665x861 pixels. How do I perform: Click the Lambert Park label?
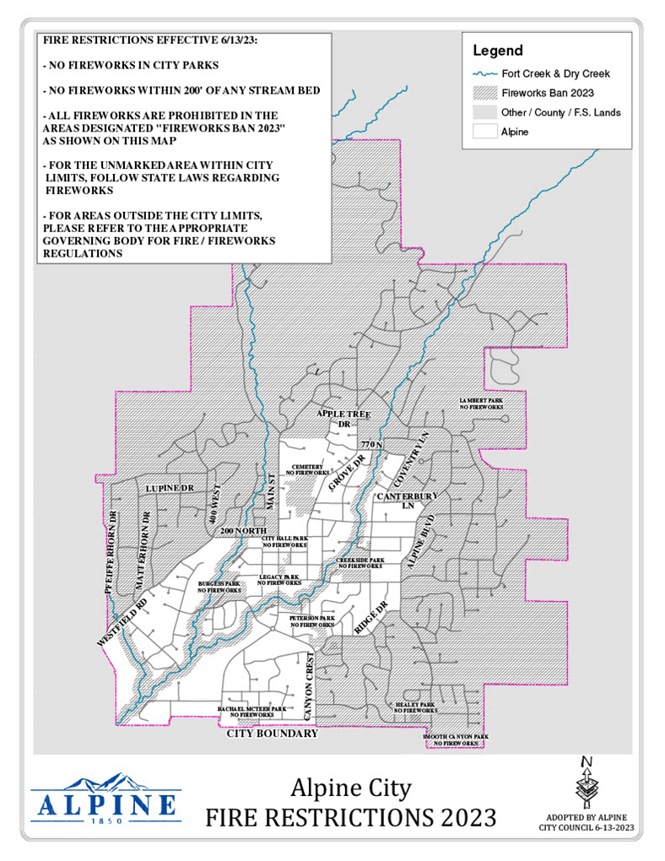point(481,403)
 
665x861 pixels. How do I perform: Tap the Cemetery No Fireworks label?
point(308,470)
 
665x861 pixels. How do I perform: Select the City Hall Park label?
point(284,542)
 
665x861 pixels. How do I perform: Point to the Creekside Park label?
point(360,562)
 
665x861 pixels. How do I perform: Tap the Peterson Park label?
point(311,620)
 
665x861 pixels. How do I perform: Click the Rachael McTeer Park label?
point(252,712)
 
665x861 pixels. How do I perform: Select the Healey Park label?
point(415,707)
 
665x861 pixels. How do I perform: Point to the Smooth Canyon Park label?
point(456,739)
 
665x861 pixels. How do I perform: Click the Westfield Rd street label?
point(122,622)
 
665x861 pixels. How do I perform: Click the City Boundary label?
point(273,734)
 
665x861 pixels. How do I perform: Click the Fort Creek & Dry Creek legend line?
point(485,73)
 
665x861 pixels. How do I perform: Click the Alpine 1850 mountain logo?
point(105,799)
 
